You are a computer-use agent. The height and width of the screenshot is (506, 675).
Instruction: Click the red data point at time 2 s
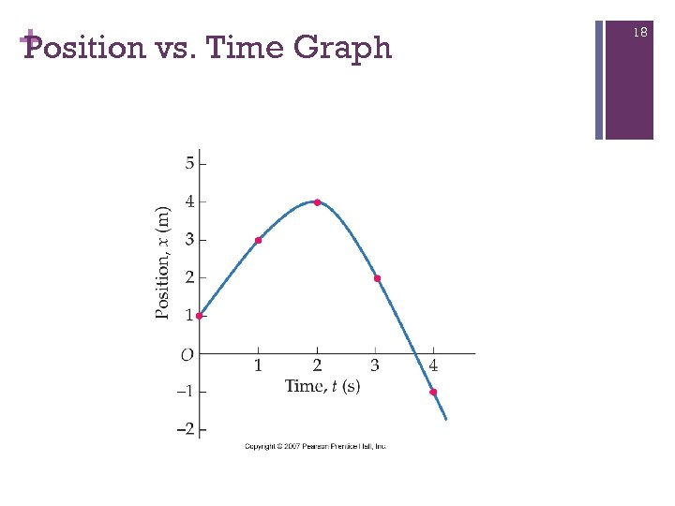click(x=318, y=202)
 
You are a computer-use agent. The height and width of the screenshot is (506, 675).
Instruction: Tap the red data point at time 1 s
click(x=259, y=241)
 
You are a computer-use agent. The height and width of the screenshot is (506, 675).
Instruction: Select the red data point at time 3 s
click(x=377, y=278)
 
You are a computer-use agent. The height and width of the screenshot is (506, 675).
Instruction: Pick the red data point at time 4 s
click(x=433, y=392)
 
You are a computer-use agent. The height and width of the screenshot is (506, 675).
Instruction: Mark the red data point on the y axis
click(x=199, y=316)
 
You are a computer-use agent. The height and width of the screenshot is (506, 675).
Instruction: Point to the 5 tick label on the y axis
click(x=189, y=163)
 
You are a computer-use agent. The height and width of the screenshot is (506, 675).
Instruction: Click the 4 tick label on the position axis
click(x=189, y=201)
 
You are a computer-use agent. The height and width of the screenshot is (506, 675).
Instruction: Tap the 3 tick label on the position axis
click(x=189, y=240)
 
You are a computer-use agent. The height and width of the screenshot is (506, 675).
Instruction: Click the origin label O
click(x=187, y=354)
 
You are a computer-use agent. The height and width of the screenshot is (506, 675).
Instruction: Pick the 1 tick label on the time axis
click(x=258, y=365)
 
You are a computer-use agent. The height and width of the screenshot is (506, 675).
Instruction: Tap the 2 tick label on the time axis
click(x=317, y=365)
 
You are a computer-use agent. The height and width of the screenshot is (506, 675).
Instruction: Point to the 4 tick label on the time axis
click(x=433, y=365)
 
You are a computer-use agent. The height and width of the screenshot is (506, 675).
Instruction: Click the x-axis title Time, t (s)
click(x=322, y=386)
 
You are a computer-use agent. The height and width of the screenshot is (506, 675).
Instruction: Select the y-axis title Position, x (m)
click(x=164, y=262)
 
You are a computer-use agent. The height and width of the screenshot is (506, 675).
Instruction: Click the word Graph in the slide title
click(x=341, y=47)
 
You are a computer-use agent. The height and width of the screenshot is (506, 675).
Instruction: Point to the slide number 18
click(x=640, y=33)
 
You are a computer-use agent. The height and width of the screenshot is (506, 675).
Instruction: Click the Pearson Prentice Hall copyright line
click(x=316, y=447)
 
